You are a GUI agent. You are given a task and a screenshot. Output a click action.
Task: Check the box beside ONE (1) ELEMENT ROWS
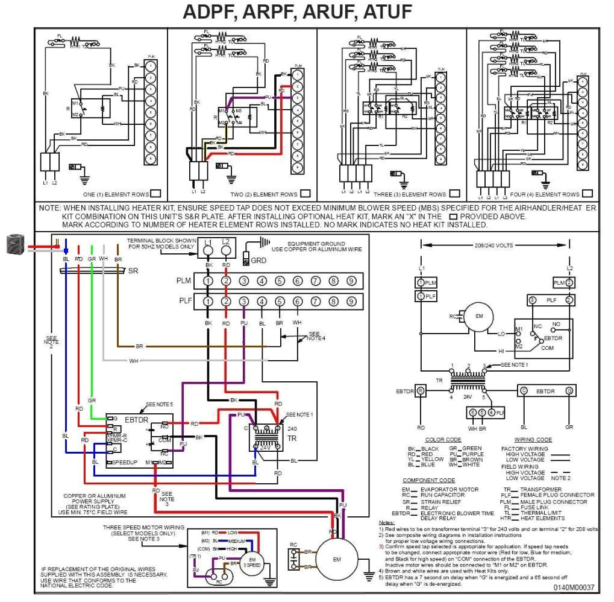[x=155, y=194]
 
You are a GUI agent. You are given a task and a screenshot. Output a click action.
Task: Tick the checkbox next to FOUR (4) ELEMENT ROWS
[x=587, y=194]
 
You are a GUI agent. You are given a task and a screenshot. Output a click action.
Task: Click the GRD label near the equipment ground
[x=258, y=261]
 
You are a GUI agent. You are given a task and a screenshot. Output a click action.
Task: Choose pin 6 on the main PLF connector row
[x=298, y=301]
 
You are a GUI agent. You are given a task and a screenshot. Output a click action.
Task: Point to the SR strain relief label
[x=133, y=271]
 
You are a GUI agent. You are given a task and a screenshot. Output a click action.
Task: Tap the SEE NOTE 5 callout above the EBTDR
[x=159, y=404]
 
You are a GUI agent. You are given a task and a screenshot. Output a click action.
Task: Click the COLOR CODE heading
[x=443, y=440]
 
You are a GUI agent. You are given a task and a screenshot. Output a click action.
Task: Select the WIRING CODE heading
[x=533, y=440]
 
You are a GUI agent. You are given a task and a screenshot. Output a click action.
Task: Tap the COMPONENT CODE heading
[x=428, y=480]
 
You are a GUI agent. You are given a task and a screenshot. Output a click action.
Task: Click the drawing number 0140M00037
[x=573, y=586]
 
